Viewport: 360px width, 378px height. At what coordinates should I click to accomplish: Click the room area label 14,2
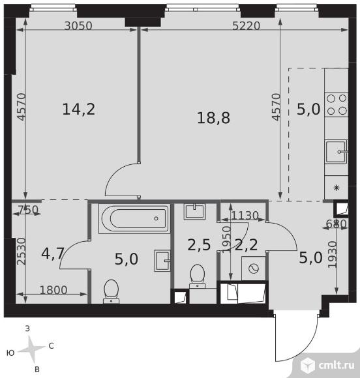(79, 109)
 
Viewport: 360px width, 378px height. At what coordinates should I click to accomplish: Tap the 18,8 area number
(213, 118)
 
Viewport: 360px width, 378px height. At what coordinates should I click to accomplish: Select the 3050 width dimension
(78, 25)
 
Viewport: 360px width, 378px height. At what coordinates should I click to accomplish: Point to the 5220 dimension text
(246, 25)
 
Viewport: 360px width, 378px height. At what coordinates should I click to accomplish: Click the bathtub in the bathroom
(134, 218)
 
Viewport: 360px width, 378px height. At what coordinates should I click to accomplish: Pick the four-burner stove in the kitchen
(337, 105)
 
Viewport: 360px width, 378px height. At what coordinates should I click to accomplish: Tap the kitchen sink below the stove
(337, 152)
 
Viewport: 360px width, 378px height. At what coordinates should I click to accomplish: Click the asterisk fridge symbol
(337, 188)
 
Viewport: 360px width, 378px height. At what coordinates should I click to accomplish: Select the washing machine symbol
(254, 269)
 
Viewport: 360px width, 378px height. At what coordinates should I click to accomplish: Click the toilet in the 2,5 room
(198, 276)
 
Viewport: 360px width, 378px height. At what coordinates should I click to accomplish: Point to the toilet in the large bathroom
(112, 291)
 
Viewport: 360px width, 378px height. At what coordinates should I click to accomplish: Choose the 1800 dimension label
(53, 290)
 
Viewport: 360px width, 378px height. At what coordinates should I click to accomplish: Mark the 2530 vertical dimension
(22, 252)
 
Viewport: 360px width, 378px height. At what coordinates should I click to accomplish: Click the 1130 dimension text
(245, 216)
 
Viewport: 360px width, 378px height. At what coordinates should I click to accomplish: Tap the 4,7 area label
(53, 254)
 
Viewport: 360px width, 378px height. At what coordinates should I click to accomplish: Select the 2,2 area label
(246, 245)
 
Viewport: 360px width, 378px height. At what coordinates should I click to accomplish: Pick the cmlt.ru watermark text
(337, 366)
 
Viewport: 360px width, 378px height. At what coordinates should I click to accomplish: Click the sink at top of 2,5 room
(194, 212)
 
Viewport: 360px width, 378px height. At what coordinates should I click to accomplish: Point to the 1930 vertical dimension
(333, 254)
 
